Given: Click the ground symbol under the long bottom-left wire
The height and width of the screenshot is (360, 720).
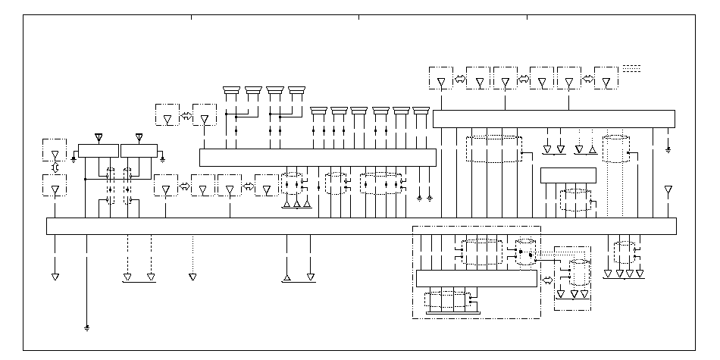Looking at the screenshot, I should point(87,328).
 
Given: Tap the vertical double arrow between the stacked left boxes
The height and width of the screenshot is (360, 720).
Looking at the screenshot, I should point(55,167).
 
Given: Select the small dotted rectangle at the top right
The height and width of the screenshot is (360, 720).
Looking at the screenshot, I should point(631,68).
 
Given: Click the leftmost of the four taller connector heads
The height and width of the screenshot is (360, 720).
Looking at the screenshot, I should point(231,92).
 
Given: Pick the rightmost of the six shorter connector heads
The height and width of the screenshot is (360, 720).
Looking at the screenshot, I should point(421,111).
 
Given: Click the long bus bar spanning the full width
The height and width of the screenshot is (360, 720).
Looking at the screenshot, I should point(362,226).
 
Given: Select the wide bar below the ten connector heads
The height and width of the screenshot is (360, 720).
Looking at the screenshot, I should point(318,157).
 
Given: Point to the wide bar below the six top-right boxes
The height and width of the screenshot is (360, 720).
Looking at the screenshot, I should point(553,119).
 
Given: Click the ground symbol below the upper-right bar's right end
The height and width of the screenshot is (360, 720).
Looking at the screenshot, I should point(668,149).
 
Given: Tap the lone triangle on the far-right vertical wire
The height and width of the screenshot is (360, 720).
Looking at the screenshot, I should point(668,189).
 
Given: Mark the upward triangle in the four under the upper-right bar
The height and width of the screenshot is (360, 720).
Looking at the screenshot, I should point(592,149).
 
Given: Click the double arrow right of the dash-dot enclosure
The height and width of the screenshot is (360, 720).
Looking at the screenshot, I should point(547,279).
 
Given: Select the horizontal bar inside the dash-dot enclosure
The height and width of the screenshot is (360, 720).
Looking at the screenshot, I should point(476,279).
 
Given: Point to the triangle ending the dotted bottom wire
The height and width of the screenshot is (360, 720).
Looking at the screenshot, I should point(193,277).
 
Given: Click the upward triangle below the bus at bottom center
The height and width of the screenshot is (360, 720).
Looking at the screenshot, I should point(286,277).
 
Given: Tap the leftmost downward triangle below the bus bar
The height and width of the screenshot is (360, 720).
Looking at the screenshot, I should point(55,277).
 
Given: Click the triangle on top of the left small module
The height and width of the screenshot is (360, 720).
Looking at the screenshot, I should point(98,137).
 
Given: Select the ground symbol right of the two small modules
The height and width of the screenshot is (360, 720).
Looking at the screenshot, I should point(163,159).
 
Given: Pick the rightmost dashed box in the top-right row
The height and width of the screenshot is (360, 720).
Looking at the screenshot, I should point(606,78).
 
